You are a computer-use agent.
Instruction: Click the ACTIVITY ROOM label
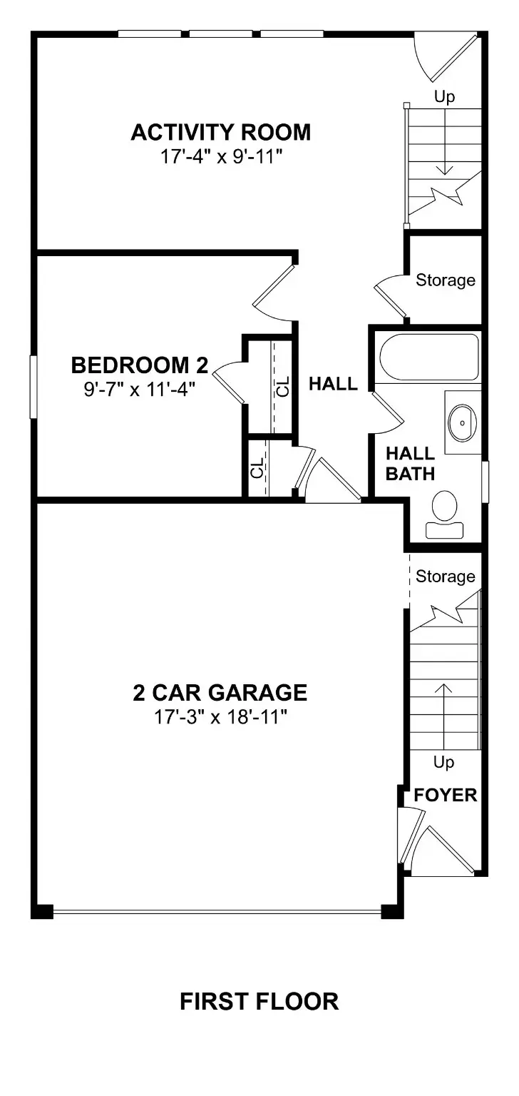(x=221, y=133)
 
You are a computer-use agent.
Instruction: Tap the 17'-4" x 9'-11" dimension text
(x=222, y=157)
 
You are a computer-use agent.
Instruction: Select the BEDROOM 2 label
(x=140, y=365)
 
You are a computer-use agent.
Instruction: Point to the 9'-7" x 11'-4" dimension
(x=140, y=390)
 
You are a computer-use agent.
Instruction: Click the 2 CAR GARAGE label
(x=220, y=692)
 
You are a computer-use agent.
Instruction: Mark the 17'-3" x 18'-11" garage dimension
(x=220, y=717)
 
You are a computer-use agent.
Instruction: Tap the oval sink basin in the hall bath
(x=462, y=422)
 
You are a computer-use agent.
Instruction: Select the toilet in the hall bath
(x=445, y=514)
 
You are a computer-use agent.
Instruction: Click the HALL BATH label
(x=411, y=464)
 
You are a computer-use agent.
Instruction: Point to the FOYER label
(x=445, y=795)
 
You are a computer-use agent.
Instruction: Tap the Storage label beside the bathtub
(x=445, y=280)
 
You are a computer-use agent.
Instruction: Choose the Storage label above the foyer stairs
(x=445, y=577)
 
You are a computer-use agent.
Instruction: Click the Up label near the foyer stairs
(x=443, y=762)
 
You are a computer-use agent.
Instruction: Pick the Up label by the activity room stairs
(x=445, y=97)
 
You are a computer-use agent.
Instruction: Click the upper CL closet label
(x=284, y=386)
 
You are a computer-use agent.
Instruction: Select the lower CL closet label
(x=257, y=467)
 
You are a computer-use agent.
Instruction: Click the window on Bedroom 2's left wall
(x=34, y=387)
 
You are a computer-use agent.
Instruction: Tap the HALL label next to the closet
(x=334, y=384)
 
